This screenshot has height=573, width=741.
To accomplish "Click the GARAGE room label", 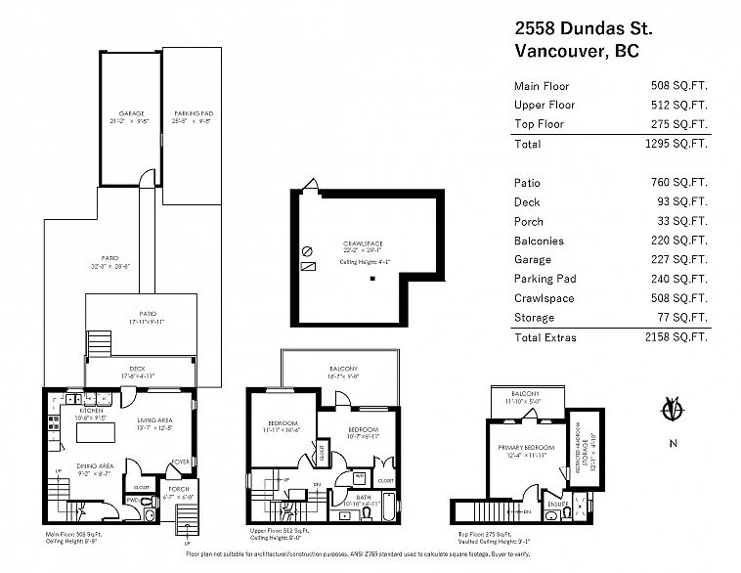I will coord(131,113).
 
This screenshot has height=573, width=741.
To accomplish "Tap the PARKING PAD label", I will coord(193,113).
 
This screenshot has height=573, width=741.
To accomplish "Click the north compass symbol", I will coord(671,412).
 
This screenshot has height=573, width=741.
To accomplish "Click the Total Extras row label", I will coord(545,337).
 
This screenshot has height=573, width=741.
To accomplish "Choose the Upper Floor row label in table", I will coord(545,105).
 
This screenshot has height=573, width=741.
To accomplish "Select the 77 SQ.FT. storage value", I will coord(681,318).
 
